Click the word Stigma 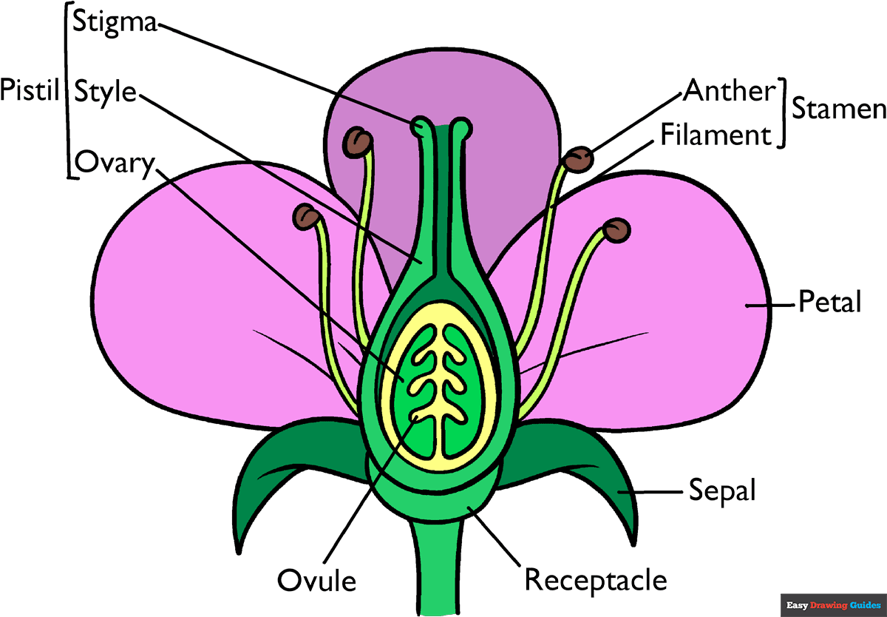[115, 23]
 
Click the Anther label [728, 90]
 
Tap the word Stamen [838, 109]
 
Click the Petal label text [829, 303]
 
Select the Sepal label [722, 490]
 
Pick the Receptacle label [596, 579]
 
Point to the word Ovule [316, 580]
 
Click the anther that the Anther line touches [578, 158]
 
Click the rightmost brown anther [618, 229]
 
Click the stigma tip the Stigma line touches [421, 125]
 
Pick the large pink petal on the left [200, 311]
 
